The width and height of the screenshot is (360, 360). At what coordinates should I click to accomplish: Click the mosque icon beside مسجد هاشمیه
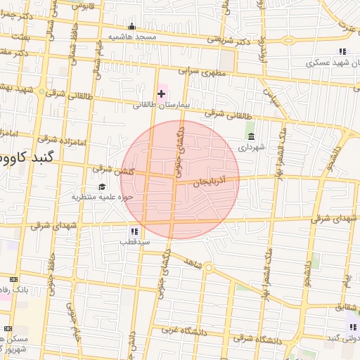coord(131,27)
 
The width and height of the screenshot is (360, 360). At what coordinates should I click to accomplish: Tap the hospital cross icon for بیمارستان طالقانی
coord(161,93)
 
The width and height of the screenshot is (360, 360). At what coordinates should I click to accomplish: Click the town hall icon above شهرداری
coord(252,136)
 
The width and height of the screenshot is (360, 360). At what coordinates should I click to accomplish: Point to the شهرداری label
coord(252,148)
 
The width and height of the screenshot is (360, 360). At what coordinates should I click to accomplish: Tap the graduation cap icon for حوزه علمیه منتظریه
coord(102,186)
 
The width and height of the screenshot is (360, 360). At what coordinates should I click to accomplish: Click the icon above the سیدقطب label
coord(134,231)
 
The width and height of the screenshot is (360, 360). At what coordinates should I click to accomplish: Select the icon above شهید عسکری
coord(342,51)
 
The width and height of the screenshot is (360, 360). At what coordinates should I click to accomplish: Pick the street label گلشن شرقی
coord(111,169)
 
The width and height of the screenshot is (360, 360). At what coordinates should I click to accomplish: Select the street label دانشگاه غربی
coord(181,328)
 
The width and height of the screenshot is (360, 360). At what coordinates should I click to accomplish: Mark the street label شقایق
coord(345,307)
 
